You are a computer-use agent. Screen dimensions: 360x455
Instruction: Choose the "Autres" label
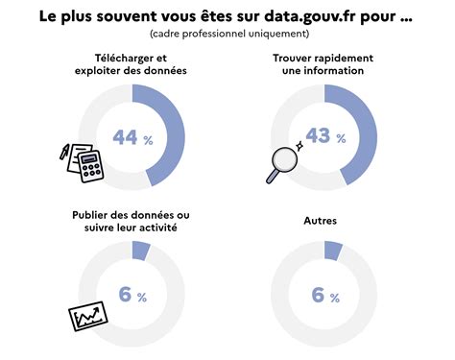[x=320, y=221]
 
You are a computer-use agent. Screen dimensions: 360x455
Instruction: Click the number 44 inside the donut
[x=125, y=137]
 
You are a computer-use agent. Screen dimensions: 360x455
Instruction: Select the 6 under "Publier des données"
[x=125, y=295]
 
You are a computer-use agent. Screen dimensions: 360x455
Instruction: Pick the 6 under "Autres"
[x=318, y=295]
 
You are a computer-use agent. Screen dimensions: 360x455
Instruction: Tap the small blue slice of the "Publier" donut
[x=141, y=251]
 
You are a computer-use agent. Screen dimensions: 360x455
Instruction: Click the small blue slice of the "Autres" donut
[x=334, y=251]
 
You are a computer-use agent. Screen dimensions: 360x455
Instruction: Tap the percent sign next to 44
[x=149, y=140]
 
